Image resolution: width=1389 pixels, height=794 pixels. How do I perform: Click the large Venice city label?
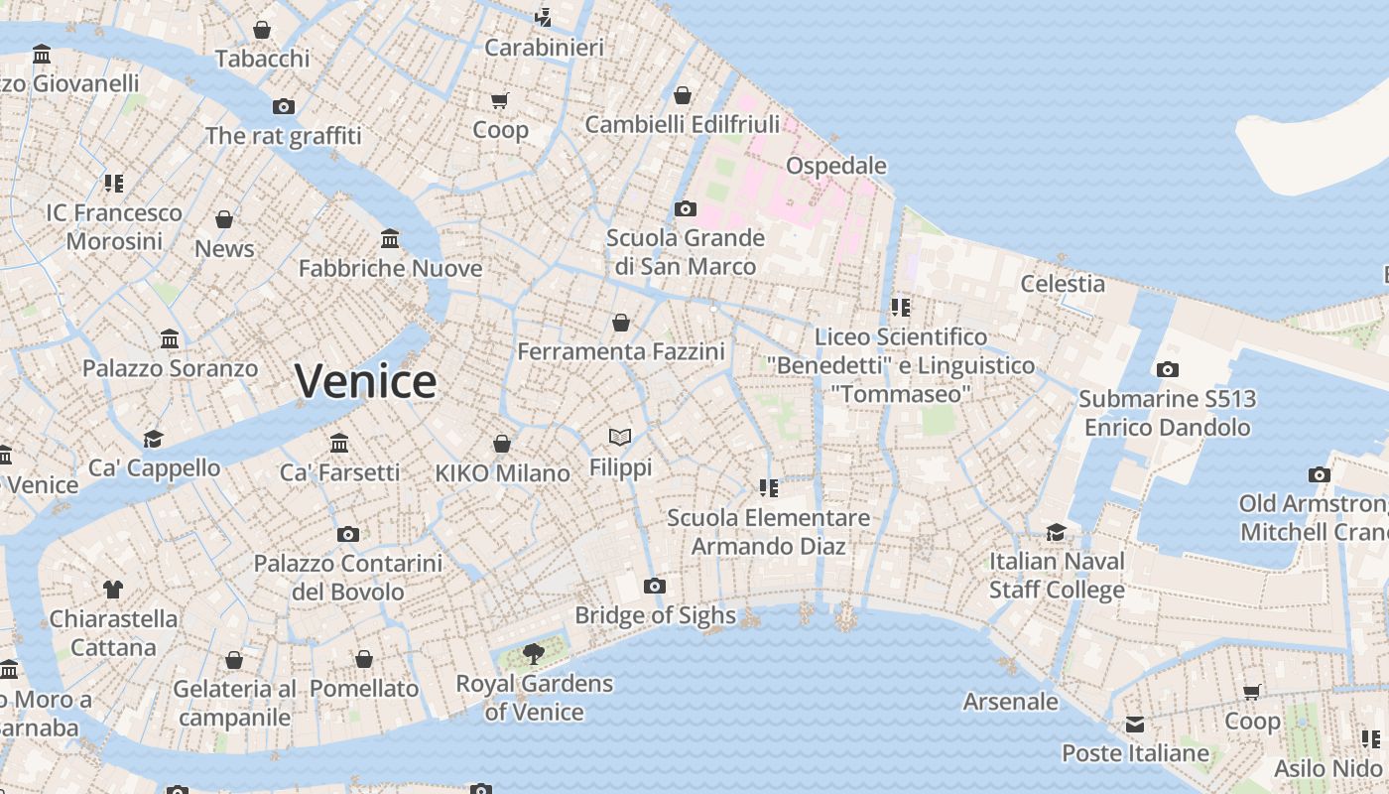click(x=365, y=382)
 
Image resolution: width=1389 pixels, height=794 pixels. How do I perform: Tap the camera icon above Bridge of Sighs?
click(x=655, y=586)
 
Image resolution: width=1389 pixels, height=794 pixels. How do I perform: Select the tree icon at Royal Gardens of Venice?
click(x=534, y=653)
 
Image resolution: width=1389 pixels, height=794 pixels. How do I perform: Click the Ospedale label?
click(x=836, y=165)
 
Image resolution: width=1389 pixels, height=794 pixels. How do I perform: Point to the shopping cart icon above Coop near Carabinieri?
click(x=500, y=100)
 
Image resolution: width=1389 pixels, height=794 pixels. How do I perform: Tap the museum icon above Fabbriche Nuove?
click(x=390, y=238)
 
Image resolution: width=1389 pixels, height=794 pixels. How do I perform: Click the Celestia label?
click(x=1063, y=284)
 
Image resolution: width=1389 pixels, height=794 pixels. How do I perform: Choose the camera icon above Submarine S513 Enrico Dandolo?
click(x=1168, y=369)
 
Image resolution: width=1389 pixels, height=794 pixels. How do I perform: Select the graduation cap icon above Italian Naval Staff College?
click(x=1057, y=532)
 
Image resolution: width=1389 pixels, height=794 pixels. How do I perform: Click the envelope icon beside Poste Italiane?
click(x=1135, y=724)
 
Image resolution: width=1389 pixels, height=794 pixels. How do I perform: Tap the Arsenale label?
click(x=1011, y=702)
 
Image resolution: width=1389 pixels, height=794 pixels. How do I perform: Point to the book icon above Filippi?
click(x=620, y=437)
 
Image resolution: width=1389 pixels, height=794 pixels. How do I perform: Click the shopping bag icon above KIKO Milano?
click(x=502, y=443)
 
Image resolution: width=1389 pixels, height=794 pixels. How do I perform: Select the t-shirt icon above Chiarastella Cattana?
click(x=113, y=589)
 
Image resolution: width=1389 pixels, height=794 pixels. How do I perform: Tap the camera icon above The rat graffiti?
click(x=284, y=106)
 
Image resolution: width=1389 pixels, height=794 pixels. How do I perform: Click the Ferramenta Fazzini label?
click(x=621, y=351)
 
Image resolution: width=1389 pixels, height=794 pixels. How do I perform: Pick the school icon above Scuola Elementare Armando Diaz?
click(x=768, y=487)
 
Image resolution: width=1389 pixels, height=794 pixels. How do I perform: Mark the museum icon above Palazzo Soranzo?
click(x=170, y=338)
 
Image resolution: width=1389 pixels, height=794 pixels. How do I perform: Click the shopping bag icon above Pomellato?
click(x=364, y=659)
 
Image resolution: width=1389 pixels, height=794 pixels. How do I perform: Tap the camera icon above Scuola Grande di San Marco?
click(x=686, y=208)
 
